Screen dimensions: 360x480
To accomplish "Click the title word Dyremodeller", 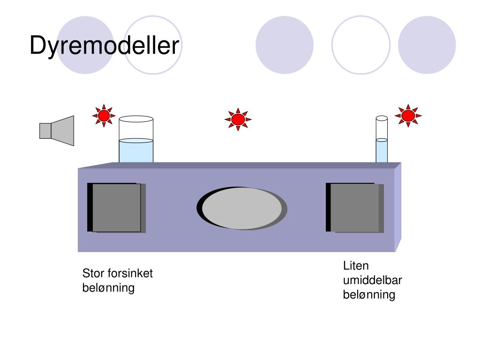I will coord(105,46).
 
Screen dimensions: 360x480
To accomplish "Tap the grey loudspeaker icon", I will coord(57,130).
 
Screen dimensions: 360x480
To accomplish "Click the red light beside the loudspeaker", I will coord(104,115).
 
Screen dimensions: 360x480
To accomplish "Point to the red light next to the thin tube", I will coord(408,115).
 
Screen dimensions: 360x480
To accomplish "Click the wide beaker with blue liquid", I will coord(136,140).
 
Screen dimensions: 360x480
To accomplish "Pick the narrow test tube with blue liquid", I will coord(382,140).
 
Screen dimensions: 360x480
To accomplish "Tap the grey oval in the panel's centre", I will coord(242,208).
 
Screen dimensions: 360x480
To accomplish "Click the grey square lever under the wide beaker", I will coord(117,208).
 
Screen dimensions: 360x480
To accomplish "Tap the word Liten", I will coord(356,266).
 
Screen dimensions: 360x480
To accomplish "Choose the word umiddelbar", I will coord(372,280).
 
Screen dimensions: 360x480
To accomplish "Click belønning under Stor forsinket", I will coord(108,287).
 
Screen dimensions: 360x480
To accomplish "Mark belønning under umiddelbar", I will coord(369,295).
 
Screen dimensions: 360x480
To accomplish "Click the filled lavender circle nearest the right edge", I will coord(427,45).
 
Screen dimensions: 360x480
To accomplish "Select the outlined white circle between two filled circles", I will coord(361,45).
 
